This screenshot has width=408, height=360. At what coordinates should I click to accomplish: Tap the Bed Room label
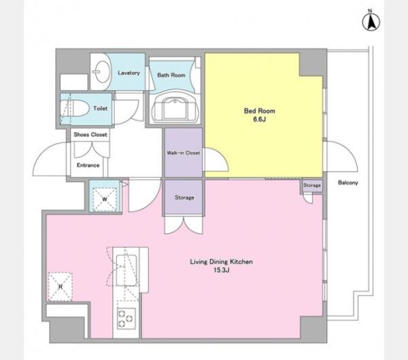pyautogui.click(x=260, y=111)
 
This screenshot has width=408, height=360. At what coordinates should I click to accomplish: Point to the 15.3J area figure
pyautogui.click(x=222, y=270)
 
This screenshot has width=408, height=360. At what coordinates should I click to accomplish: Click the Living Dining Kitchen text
pyautogui.click(x=222, y=261)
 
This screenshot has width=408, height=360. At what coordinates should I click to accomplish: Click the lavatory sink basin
pyautogui.click(x=101, y=71)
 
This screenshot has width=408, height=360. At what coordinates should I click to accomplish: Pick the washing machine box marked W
pyautogui.click(x=105, y=199)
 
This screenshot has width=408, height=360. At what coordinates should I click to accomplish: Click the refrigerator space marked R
pyautogui.click(x=60, y=287)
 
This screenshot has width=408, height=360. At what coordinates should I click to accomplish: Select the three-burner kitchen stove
pyautogui.click(x=126, y=318)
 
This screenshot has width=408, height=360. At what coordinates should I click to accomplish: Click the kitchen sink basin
pyautogui.click(x=126, y=270)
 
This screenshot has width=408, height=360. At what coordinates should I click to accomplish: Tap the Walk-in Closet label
pyautogui.click(x=184, y=153)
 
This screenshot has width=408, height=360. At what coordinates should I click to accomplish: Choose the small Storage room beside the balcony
pyautogui.click(x=311, y=186)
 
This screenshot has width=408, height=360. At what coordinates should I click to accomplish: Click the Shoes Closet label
pyautogui.click(x=90, y=135)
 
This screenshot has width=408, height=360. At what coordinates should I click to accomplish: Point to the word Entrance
pyautogui.click(x=88, y=165)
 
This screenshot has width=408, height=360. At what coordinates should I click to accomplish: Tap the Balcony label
pyautogui.click(x=348, y=182)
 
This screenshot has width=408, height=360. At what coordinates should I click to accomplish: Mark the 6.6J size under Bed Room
pyautogui.click(x=260, y=120)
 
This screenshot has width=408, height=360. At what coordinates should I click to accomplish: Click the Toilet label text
pyautogui.click(x=100, y=108)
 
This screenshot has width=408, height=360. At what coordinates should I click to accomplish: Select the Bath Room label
pyautogui.click(x=171, y=75)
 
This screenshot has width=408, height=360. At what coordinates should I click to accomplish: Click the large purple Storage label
pyautogui.click(x=184, y=197)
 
